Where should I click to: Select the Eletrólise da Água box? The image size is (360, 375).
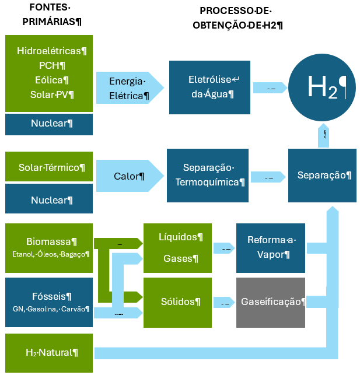pos(209,87)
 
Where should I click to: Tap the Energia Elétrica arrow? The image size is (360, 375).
pos(128,87)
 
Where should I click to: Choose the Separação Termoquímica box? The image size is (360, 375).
pos(208,176)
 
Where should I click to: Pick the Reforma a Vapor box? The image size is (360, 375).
pos(270,248)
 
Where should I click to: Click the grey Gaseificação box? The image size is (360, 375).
pos(270,302)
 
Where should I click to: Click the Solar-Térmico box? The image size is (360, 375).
pos(48,167)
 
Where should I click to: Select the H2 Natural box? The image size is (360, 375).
pos(48,352)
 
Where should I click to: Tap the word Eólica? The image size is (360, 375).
pos(51,80)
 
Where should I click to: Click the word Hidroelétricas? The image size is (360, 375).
pos(52,51)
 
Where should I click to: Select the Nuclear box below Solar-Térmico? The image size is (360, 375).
pos(48,199)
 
